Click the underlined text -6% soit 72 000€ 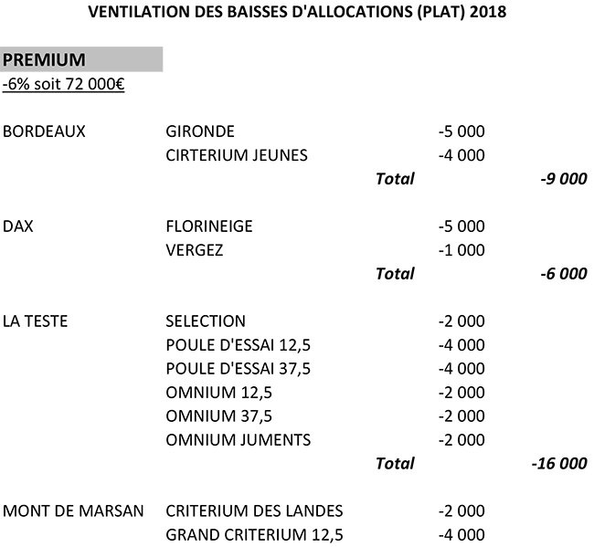point(64,85)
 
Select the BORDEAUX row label point(44,131)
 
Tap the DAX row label point(18,226)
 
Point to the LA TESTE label point(36,321)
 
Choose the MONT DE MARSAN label point(73,510)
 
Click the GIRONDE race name point(200,131)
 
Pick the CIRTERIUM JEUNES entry point(237,154)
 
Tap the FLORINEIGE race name point(209,226)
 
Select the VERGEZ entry point(195,249)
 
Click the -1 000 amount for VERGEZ point(461,249)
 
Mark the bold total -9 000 point(563,179)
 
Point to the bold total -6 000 point(563,273)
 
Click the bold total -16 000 point(558,463)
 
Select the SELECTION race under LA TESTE point(206,321)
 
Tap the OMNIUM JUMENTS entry point(239,439)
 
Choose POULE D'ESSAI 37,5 point(239,368)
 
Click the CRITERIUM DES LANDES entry point(255,510)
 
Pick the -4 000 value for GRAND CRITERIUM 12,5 point(461,534)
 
